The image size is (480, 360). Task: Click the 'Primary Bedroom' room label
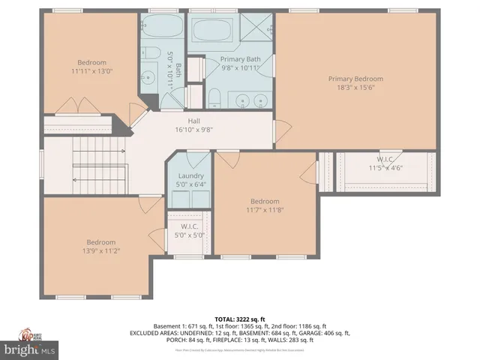click(x=356, y=77)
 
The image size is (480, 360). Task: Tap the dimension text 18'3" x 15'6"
click(x=356, y=87)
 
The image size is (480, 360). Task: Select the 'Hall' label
click(x=193, y=120)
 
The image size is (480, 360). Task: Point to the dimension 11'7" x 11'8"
click(x=265, y=211)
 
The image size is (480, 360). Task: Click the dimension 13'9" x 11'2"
click(x=100, y=251)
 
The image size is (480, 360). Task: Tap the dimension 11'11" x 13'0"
click(x=91, y=72)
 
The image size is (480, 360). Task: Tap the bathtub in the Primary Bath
click(x=211, y=31)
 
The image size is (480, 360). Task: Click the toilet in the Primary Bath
click(x=214, y=98)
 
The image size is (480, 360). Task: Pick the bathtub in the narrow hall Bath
click(x=160, y=29)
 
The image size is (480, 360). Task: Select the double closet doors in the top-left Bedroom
click(x=79, y=106)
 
